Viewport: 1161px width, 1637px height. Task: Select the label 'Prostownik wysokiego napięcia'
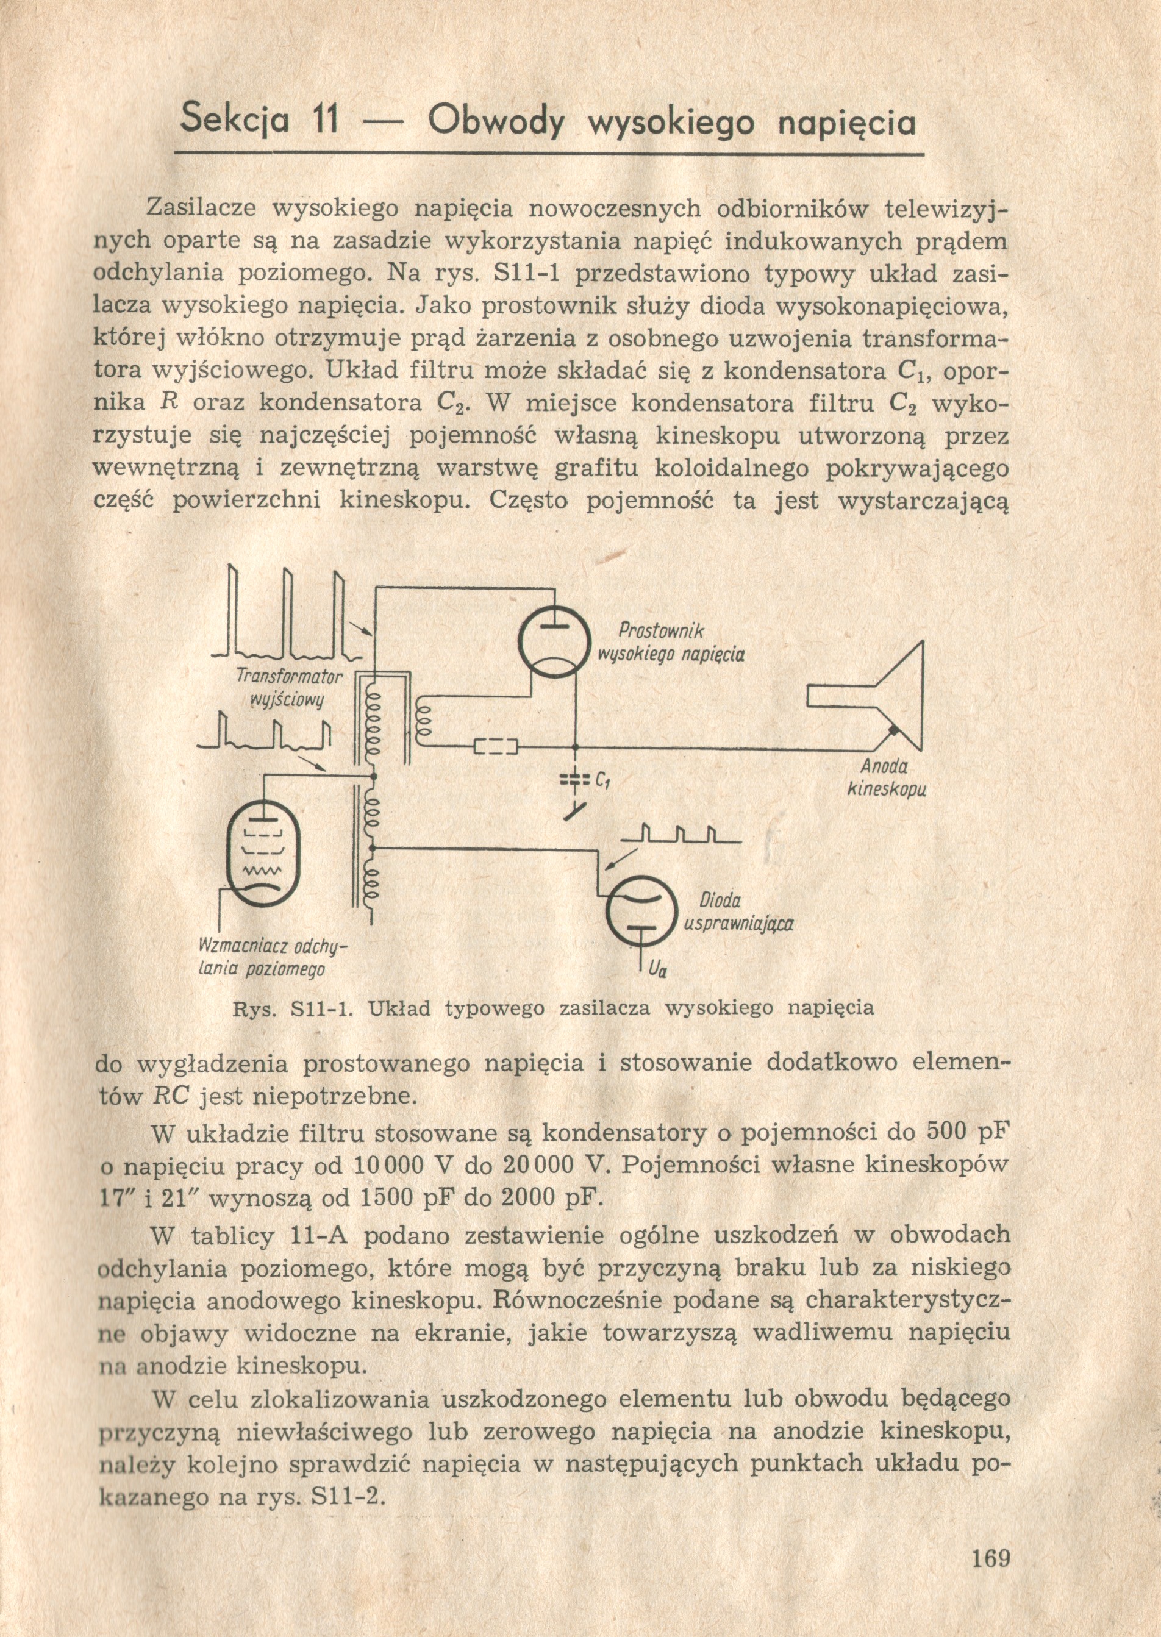[x=671, y=643]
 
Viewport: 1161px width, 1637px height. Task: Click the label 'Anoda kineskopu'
[x=884, y=778]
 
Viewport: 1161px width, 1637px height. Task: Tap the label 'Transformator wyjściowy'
[x=290, y=688]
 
